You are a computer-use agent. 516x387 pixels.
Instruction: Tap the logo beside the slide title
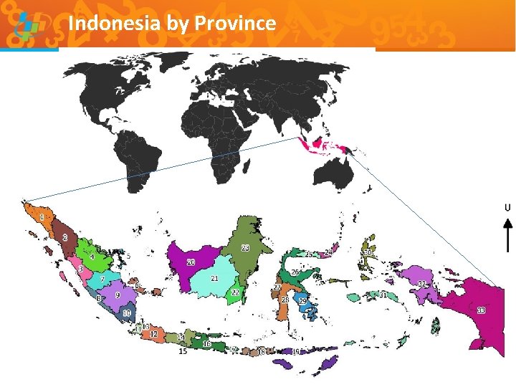(27, 26)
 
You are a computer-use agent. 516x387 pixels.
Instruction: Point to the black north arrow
(507, 235)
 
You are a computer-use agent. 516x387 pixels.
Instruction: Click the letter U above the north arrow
(507, 208)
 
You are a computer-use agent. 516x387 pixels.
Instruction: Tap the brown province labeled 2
(65, 238)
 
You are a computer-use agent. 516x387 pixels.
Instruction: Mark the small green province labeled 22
(234, 292)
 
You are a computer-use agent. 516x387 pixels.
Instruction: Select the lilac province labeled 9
(118, 295)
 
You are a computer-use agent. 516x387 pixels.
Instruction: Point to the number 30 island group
(368, 253)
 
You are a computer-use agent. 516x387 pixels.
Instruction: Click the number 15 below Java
(183, 352)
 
